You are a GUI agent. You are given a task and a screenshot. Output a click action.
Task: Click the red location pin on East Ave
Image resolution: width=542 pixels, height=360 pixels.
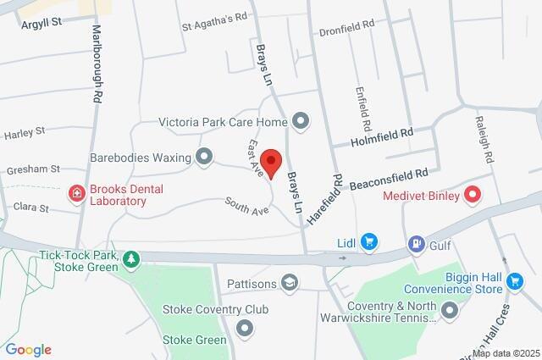(271, 162)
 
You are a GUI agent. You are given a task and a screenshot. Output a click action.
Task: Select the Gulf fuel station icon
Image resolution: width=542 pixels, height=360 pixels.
(415, 244)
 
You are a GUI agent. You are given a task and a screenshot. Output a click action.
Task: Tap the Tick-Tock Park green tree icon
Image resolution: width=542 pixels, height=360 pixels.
(130, 258)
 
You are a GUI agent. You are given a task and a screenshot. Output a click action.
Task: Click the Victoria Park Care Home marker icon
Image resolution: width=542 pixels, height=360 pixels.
(299, 121)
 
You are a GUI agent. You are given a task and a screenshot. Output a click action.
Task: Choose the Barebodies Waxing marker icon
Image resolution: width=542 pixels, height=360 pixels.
(203, 156)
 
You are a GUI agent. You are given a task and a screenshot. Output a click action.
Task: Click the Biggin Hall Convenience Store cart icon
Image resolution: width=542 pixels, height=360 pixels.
(514, 281)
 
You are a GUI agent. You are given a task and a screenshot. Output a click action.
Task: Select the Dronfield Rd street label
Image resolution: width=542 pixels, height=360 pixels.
(346, 27)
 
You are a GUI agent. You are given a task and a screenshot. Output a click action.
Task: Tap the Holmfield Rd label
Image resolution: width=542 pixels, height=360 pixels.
(383, 134)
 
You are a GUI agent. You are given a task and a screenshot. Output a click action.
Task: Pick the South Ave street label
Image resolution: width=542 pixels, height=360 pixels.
(246, 205)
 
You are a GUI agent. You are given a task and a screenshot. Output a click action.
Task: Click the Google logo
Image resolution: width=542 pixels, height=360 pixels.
(28, 349)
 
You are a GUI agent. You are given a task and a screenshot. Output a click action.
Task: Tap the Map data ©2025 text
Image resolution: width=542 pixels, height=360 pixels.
(506, 353)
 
